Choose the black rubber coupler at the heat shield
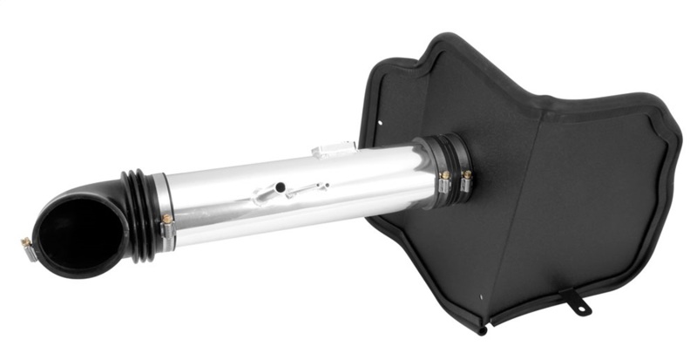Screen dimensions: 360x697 (x=453, y=166)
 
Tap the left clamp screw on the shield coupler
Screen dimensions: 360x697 (x=445, y=176)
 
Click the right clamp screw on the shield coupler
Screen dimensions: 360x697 (x=467, y=175)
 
